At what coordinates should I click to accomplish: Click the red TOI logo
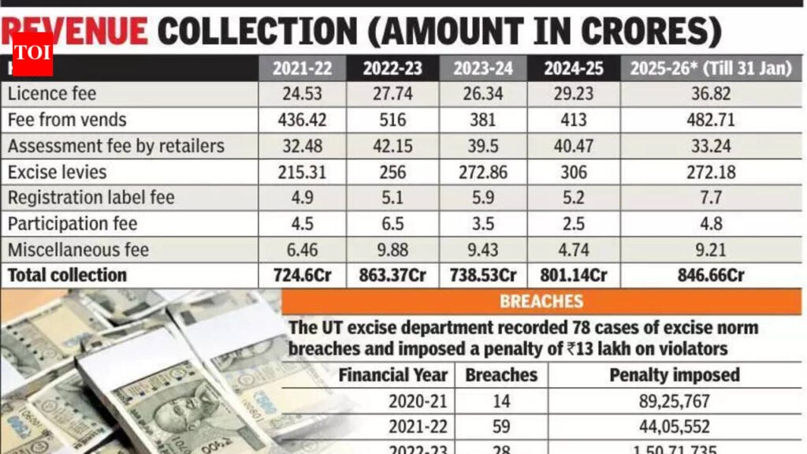[32, 54]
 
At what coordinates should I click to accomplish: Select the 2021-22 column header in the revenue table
[302, 69]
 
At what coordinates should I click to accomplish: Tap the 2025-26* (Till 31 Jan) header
[710, 69]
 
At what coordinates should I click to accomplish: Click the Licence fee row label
[52, 94]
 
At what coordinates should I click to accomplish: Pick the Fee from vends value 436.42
[302, 120]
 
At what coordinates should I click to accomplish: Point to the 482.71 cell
[710, 120]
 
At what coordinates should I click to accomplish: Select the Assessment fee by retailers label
[116, 146]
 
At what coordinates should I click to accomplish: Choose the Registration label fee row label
[91, 198]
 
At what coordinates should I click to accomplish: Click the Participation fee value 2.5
[574, 224]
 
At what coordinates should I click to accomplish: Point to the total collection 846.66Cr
[710, 276]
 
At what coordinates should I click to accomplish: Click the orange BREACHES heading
[541, 301]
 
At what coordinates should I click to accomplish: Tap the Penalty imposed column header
[675, 375]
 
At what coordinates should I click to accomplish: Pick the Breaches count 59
[501, 427]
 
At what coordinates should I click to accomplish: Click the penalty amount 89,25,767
[675, 401]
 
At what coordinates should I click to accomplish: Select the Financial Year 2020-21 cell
[418, 401]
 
